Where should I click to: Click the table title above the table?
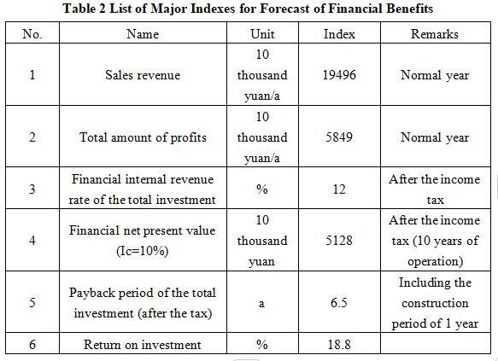(x=248, y=9)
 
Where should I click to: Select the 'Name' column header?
(x=143, y=33)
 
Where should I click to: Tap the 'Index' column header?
(x=339, y=33)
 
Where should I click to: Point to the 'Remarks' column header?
(x=435, y=33)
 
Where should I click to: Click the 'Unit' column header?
(x=262, y=33)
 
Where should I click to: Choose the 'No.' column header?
(x=32, y=33)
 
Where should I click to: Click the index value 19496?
(x=339, y=75)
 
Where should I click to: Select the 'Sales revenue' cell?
(x=143, y=75)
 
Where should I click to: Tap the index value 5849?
(x=339, y=137)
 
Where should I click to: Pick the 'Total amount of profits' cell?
(x=143, y=137)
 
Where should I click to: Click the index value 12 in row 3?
(x=339, y=189)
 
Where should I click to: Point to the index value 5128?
(x=339, y=240)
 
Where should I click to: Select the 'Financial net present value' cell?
(x=143, y=241)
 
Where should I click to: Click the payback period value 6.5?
(x=339, y=303)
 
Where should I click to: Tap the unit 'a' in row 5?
(x=261, y=304)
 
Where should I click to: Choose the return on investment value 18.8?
(x=339, y=345)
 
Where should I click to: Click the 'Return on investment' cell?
(x=143, y=345)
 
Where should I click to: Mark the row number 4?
(x=32, y=240)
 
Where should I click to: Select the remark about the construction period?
(x=435, y=303)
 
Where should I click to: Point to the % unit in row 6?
(x=262, y=345)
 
